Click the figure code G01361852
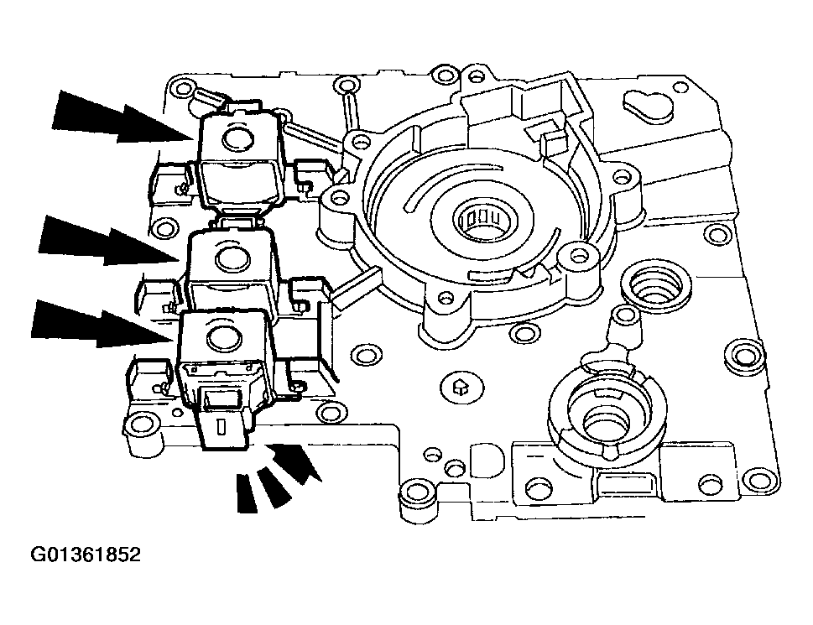(86, 555)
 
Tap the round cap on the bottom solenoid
(221, 338)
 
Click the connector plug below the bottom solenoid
(223, 424)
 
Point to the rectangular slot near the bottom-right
(625, 484)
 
